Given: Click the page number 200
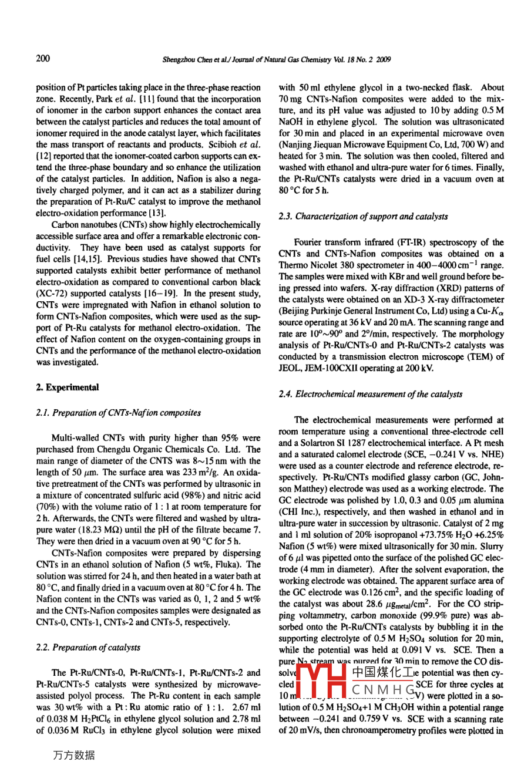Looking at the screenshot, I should (43, 58).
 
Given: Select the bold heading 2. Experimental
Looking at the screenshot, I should (68, 387).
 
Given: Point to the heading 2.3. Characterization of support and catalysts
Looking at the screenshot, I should (363, 217).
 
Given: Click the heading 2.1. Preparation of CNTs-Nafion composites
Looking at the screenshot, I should (118, 413).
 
